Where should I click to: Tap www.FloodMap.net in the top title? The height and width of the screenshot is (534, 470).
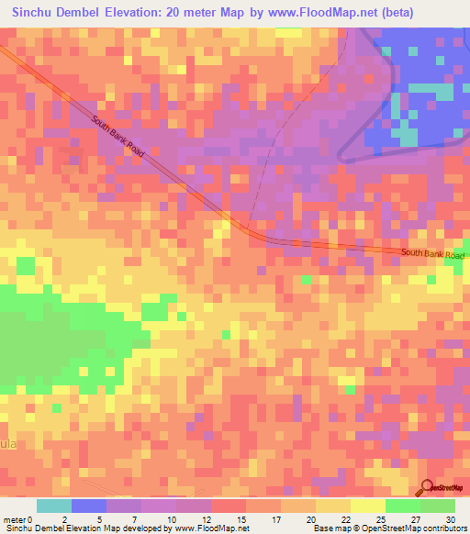tap(319, 13)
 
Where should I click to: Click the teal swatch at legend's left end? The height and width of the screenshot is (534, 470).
tap(54, 506)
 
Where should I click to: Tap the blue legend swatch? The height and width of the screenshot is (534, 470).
tap(89, 506)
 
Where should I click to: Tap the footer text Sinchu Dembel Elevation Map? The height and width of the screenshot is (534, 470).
tap(55, 528)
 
